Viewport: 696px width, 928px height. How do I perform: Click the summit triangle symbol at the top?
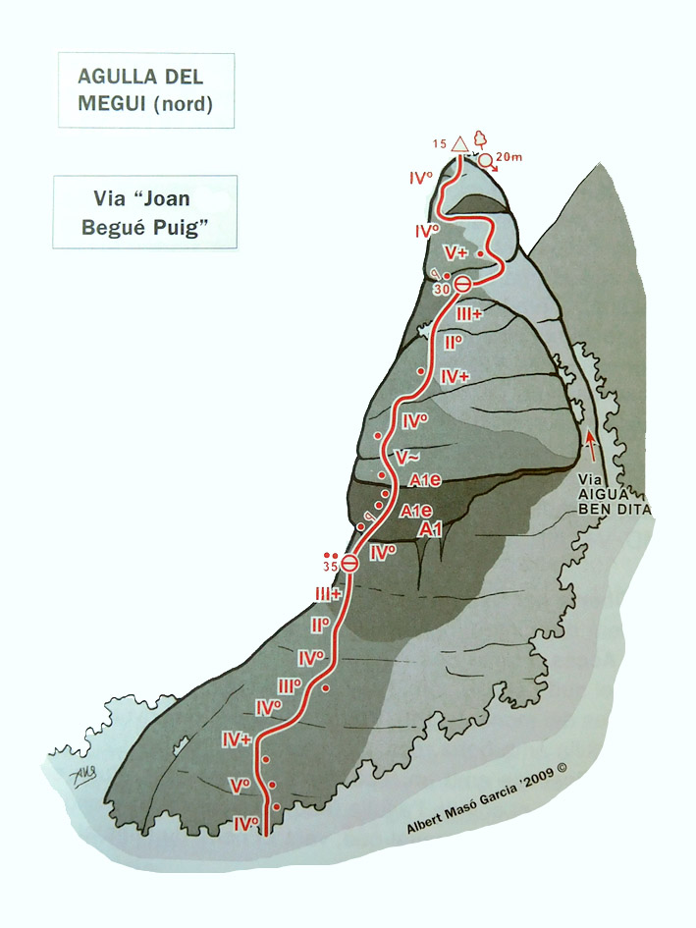459,145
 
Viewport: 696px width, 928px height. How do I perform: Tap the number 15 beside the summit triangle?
439,144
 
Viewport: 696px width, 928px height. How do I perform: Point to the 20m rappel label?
509,156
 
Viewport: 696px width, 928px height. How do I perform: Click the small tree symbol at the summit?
480,138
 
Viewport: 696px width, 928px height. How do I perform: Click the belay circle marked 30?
462,285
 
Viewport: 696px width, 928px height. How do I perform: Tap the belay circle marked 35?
348,563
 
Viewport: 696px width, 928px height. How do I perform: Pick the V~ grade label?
403,458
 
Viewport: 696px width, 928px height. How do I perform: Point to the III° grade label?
290,685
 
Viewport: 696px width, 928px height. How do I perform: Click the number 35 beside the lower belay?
330,567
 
